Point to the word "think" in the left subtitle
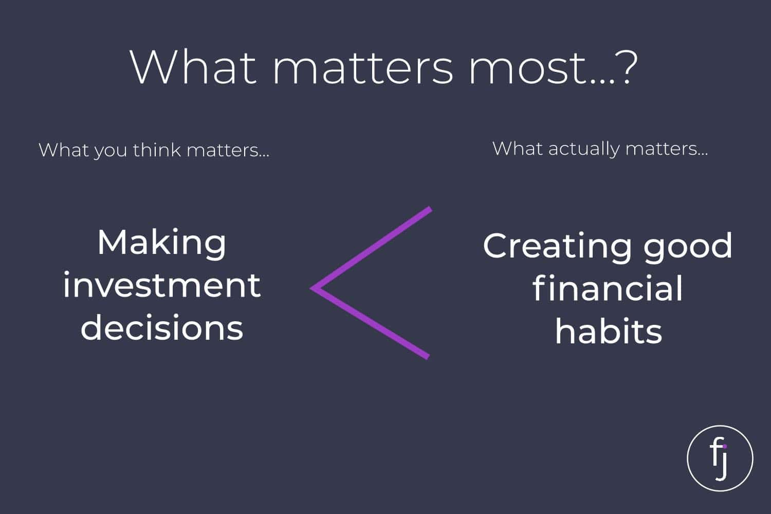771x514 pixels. click(157, 150)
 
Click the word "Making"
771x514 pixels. click(162, 244)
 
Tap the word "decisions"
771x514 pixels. click(162, 326)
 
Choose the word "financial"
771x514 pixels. click(608, 288)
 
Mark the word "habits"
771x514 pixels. click(609, 330)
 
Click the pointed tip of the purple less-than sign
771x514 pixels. click(311, 288)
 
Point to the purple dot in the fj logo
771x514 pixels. click(725, 447)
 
